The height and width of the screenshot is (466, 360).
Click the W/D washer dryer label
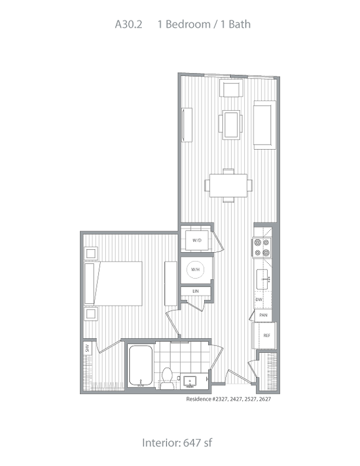(196, 241)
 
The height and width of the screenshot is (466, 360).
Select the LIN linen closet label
(196, 291)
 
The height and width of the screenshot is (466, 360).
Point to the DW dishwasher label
(259, 299)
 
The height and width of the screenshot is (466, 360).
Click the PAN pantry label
(263, 316)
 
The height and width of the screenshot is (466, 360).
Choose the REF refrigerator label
(267, 335)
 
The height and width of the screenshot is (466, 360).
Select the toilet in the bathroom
(166, 379)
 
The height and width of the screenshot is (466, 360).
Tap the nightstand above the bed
(90, 254)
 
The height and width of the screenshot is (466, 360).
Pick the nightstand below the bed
(90, 313)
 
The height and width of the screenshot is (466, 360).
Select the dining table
(228, 185)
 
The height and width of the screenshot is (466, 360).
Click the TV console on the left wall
(187, 124)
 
